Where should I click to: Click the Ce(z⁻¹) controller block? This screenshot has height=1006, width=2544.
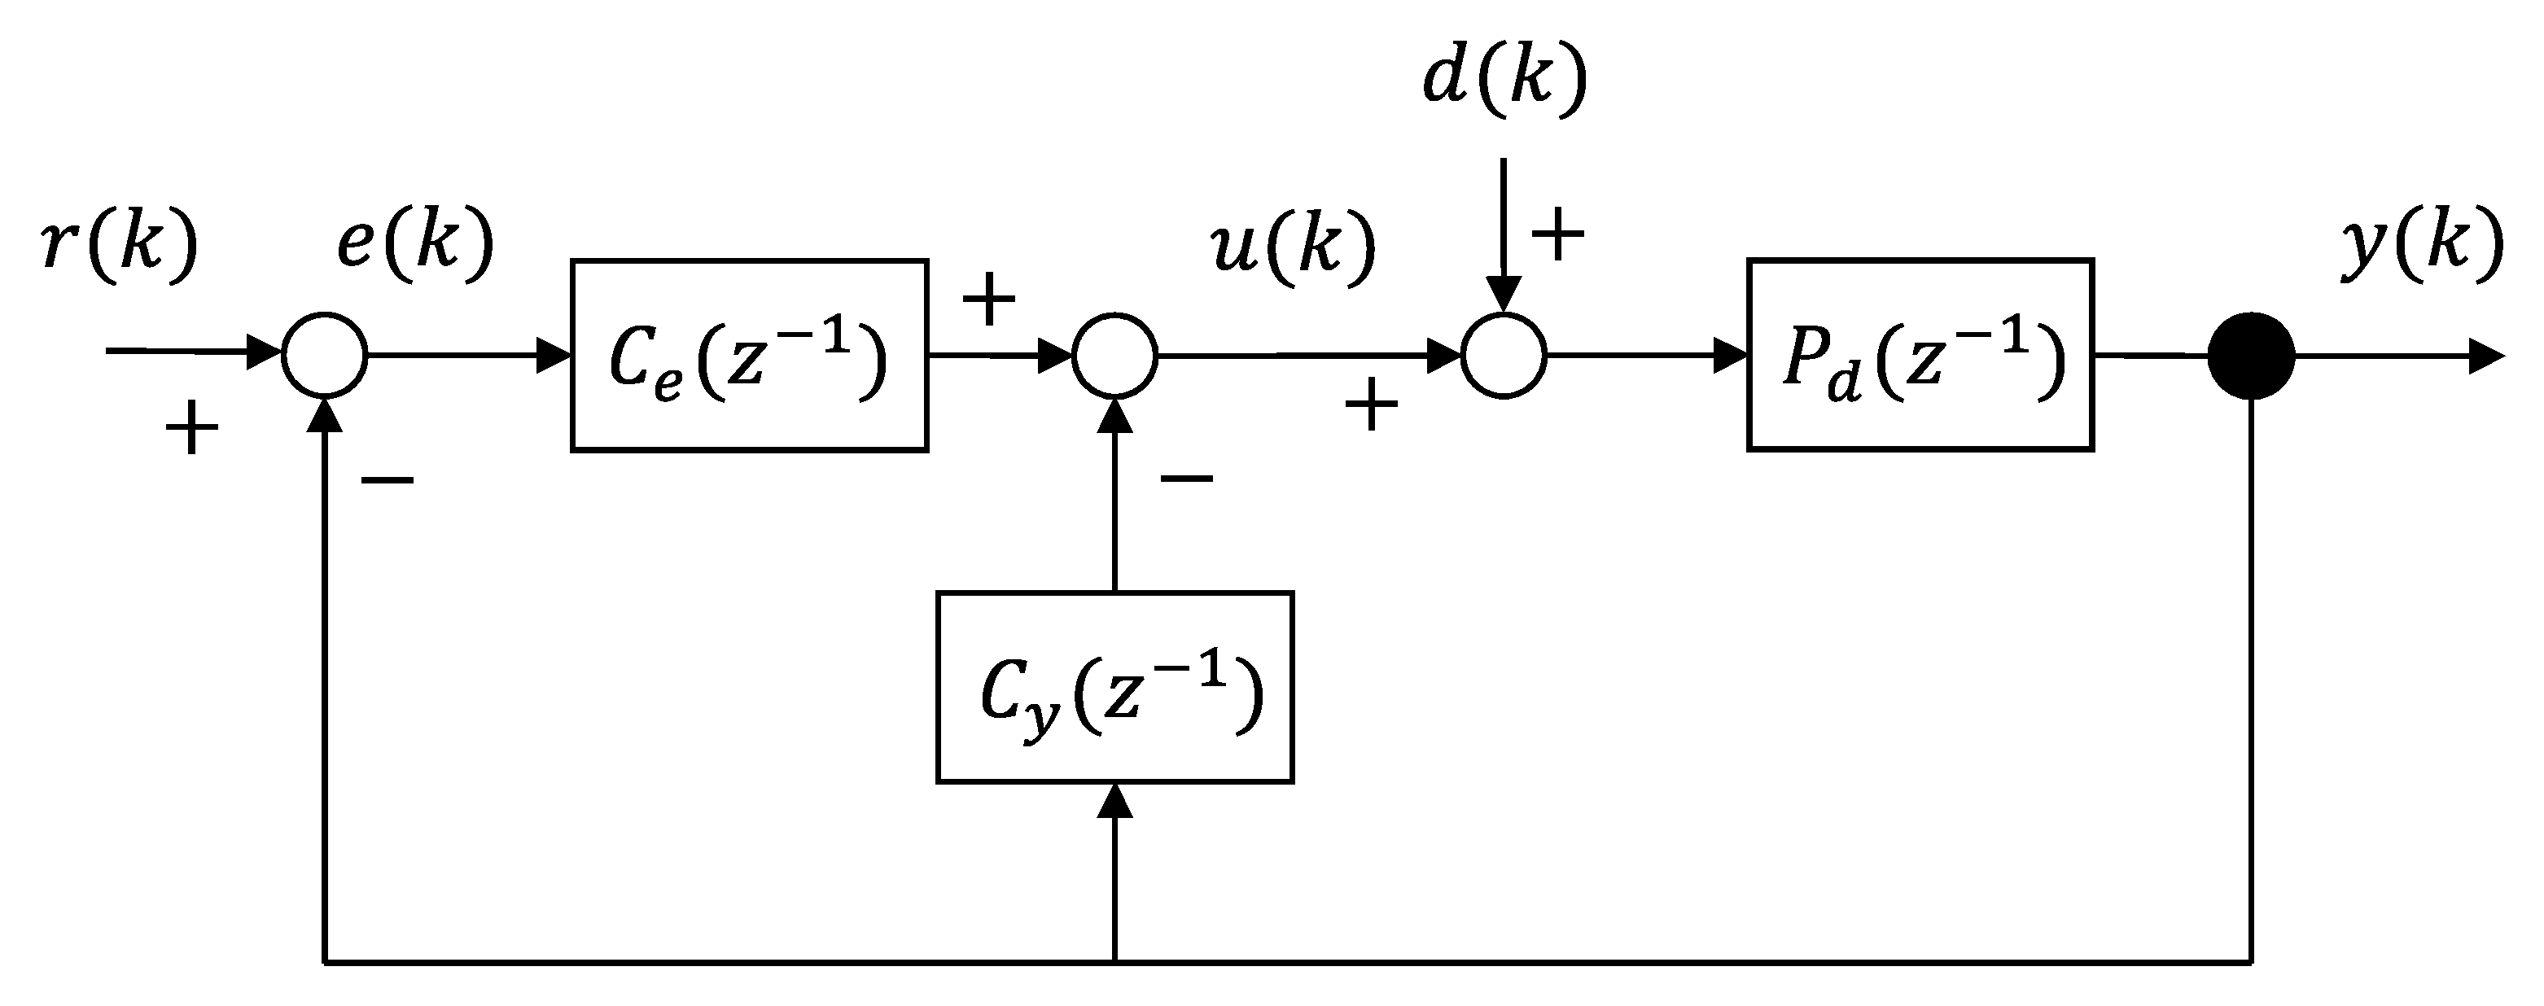[749, 356]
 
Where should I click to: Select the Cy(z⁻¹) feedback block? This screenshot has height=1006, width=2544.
[1114, 688]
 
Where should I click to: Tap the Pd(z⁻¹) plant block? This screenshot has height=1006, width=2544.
[1920, 356]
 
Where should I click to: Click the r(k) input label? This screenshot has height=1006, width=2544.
[120, 244]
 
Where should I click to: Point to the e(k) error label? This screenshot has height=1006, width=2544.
[415, 244]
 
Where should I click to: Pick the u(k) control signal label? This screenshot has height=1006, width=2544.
[1293, 247]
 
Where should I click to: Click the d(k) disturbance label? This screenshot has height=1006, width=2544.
[1503, 79]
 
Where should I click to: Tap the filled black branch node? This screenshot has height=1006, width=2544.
[2251, 356]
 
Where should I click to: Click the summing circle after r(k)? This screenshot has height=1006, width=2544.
[325, 356]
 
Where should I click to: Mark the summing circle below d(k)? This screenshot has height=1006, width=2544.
[1503, 356]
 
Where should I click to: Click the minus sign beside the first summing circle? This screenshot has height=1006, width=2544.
[388, 481]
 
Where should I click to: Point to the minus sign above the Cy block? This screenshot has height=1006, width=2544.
[1186, 479]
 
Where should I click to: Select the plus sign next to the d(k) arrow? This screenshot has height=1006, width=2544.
[1557, 236]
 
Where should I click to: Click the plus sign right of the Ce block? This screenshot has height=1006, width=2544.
[988, 300]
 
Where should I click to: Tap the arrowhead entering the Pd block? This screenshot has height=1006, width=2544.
[1730, 356]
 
